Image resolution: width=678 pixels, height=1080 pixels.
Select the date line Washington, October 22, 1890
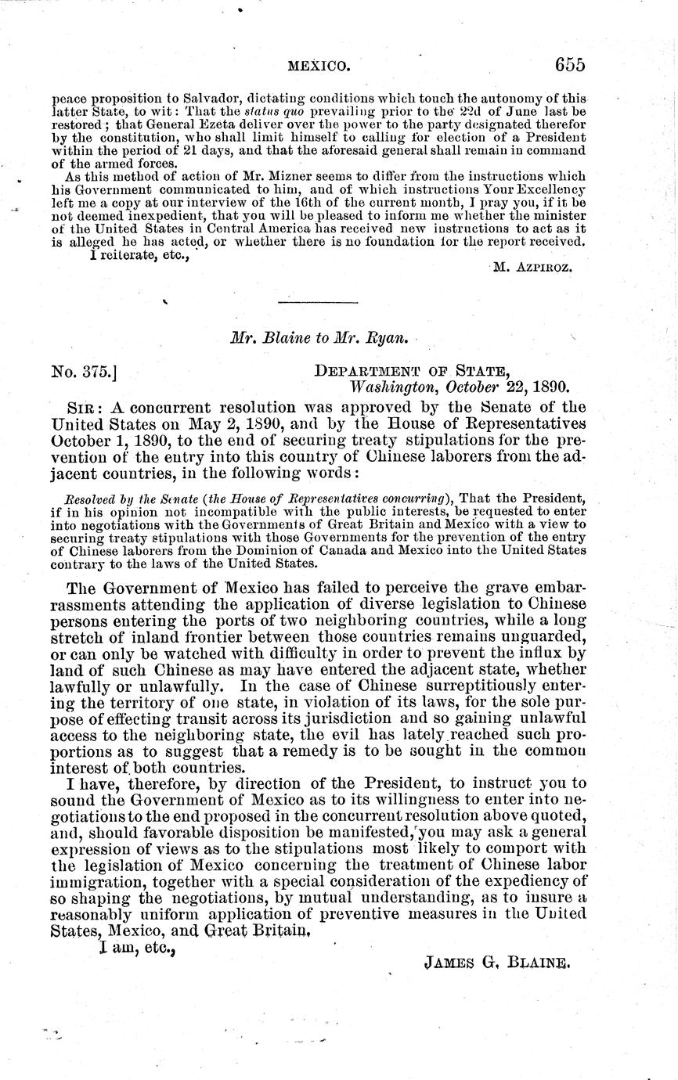click(459, 387)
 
